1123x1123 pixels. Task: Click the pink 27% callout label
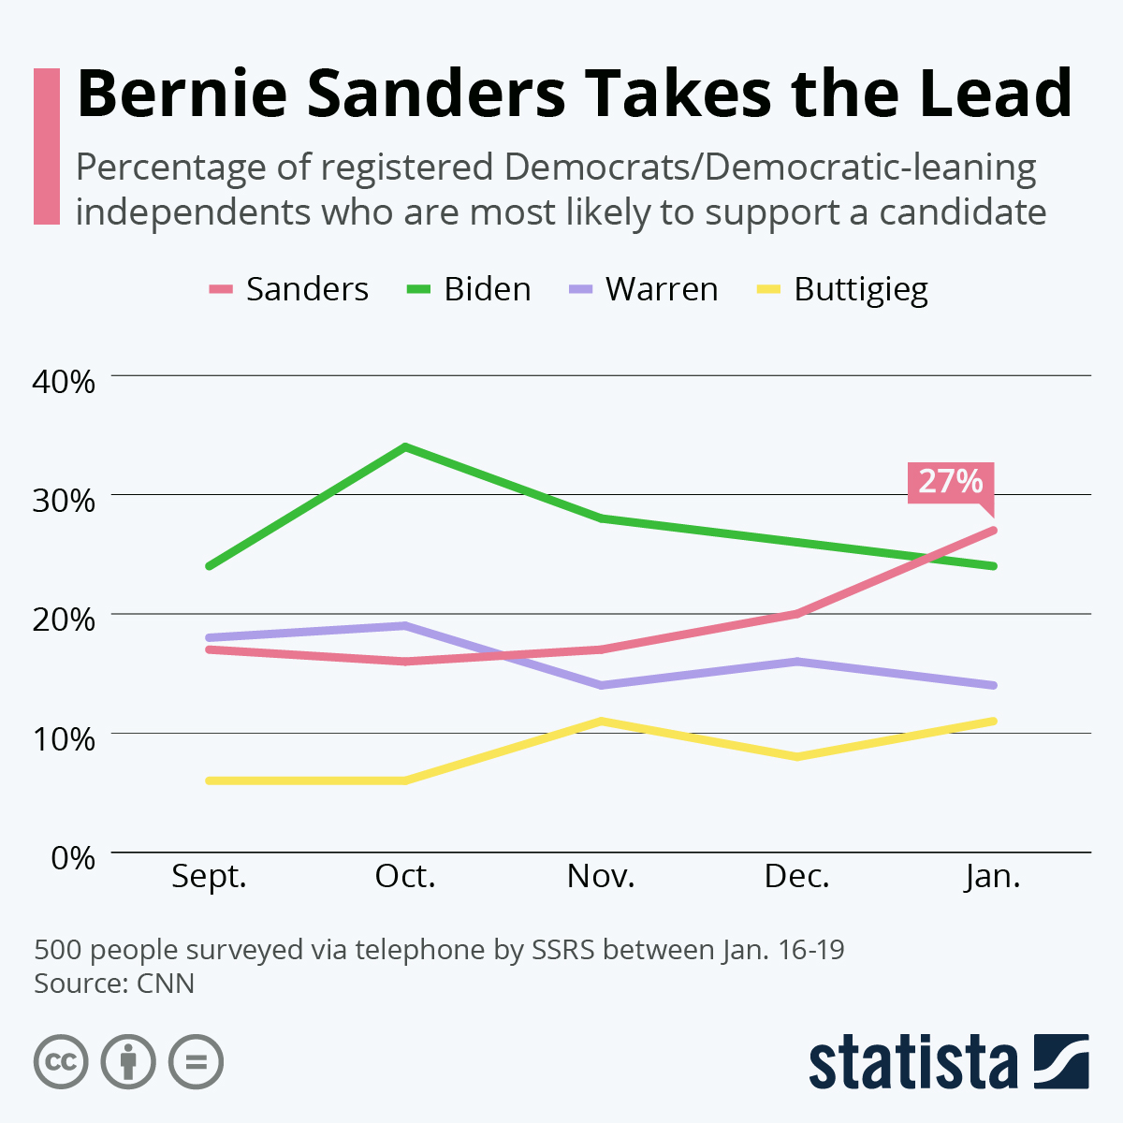950,482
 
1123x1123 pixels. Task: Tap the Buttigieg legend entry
842,289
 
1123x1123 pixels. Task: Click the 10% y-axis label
64,738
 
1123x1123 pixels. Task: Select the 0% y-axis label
72,857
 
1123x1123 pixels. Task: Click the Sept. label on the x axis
209,877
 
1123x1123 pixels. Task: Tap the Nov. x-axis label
601,877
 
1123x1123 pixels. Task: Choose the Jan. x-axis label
992,877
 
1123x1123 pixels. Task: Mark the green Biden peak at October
405,447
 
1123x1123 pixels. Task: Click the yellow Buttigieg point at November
601,721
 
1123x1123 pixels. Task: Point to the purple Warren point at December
797,662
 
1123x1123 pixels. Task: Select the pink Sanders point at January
992,531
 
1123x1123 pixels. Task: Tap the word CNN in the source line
166,984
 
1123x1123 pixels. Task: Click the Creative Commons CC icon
61,1062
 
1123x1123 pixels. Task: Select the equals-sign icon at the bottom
196,1062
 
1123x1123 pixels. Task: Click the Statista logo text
912,1062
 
